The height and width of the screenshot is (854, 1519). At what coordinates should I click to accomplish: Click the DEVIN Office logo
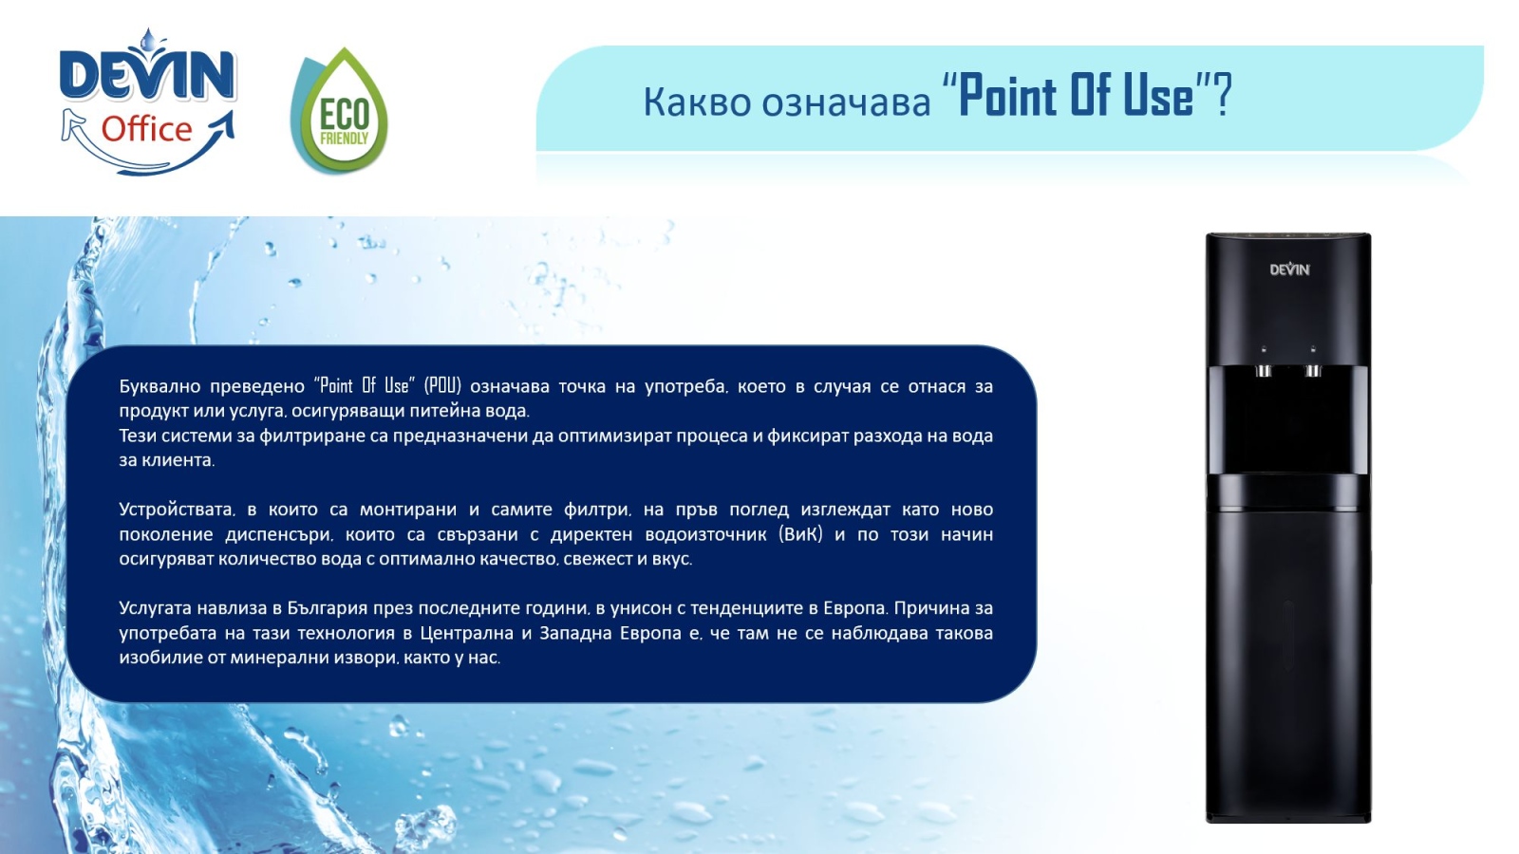[148, 102]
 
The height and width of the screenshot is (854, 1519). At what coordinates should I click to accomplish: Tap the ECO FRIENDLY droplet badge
[339, 110]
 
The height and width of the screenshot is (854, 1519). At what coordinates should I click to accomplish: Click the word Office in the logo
[147, 129]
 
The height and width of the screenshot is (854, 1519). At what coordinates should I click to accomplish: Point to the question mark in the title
[1222, 96]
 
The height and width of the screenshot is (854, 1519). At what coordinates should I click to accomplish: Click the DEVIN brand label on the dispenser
[1289, 269]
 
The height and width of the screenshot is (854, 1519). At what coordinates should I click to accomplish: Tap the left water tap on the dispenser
[1264, 370]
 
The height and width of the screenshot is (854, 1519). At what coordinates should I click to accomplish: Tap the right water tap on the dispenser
[1313, 370]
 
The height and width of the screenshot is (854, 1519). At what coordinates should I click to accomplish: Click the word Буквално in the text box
[159, 386]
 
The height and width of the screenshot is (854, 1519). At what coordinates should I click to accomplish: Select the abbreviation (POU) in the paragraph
[442, 385]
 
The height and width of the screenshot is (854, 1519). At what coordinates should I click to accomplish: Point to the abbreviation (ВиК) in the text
[800, 534]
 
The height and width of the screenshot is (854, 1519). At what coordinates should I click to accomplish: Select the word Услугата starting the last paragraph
[156, 608]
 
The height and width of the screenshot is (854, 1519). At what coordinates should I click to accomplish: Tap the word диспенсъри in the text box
[279, 535]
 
